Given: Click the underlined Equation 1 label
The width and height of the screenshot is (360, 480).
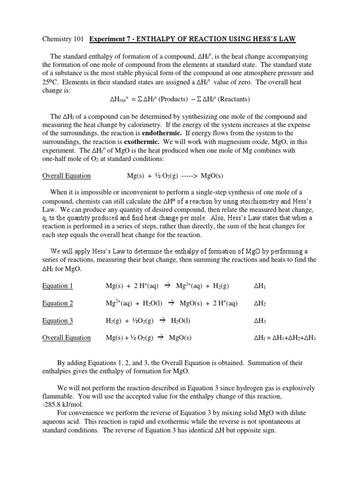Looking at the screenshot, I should pyautogui.click(x=58, y=286).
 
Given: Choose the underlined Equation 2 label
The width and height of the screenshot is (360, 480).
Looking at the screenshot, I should pyautogui.click(x=58, y=303).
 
